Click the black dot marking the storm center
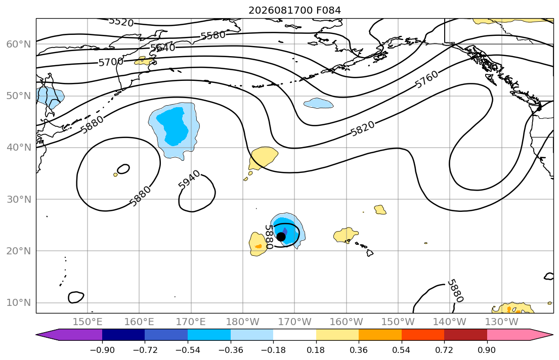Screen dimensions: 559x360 click(281, 237)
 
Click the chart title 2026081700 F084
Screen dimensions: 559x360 click(294, 10)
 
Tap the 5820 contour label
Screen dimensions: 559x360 click(363, 128)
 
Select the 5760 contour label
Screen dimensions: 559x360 click(427, 79)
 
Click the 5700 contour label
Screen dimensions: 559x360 click(110, 62)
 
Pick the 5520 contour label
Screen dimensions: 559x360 click(121, 22)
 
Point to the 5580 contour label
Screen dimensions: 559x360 click(213, 35)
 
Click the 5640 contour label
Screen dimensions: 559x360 click(162, 48)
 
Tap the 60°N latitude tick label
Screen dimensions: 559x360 click(19, 44)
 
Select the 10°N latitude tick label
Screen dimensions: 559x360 click(19, 303)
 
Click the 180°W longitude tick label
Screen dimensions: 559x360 click(243, 322)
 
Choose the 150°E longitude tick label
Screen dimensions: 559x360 click(88, 322)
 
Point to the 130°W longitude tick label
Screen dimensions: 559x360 click(502, 322)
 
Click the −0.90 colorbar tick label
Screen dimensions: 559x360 click(102, 350)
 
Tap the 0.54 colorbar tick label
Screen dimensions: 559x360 click(402, 350)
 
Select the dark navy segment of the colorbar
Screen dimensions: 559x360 click(123, 335)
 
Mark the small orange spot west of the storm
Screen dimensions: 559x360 click(259, 246)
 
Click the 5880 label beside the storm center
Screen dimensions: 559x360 click(269, 237)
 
